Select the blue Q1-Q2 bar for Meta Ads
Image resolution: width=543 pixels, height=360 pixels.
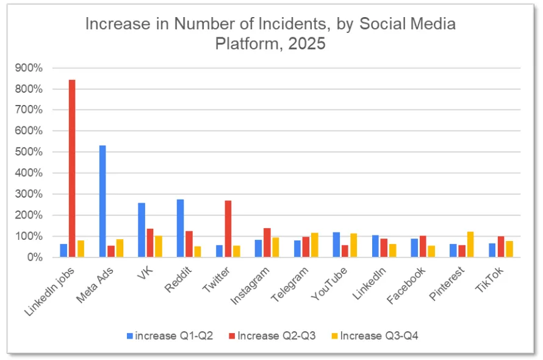(102, 201)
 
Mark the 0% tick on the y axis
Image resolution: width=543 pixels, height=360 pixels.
(34, 257)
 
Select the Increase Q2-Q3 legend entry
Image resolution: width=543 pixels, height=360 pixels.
(274, 336)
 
